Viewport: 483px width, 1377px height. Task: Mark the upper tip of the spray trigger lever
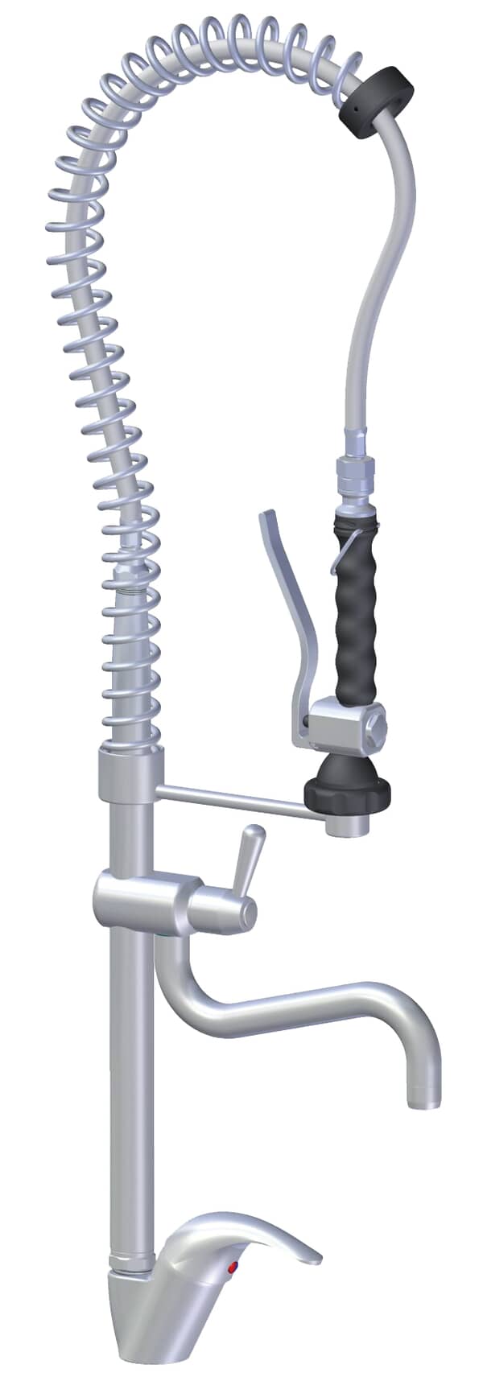click(265, 515)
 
